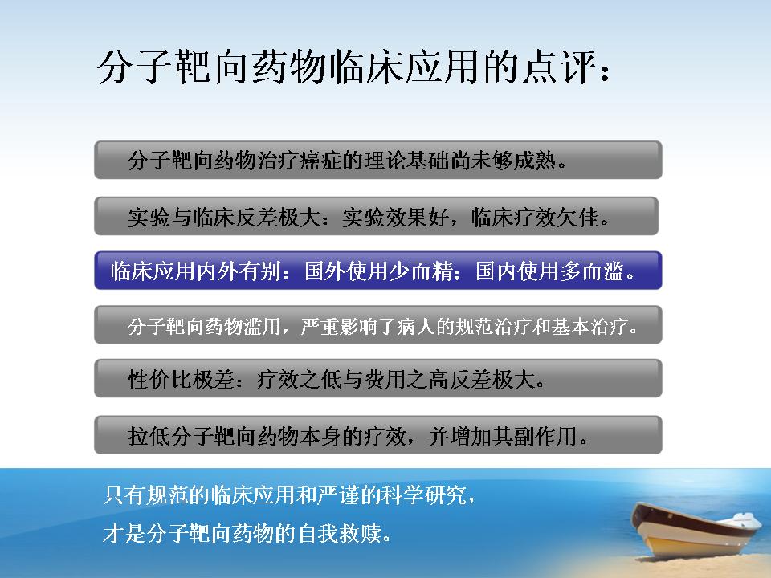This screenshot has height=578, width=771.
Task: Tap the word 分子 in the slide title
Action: pos(135,67)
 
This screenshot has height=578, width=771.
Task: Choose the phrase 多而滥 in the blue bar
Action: pos(593,271)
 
